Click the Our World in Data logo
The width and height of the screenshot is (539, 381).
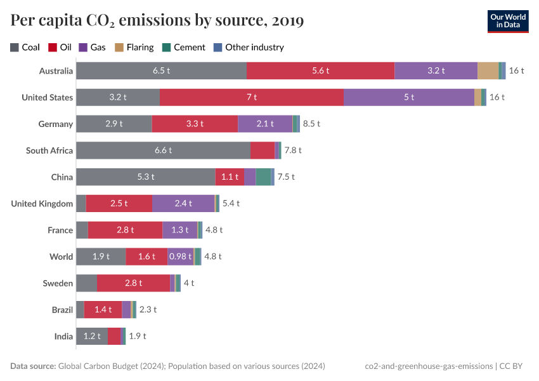(508, 20)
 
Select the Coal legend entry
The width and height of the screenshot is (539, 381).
(25, 47)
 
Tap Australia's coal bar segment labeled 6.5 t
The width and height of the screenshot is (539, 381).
(161, 70)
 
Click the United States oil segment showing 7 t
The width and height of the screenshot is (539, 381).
(252, 97)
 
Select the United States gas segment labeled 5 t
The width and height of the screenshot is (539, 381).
(408, 97)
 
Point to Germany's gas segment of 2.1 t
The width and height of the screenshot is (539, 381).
(265, 124)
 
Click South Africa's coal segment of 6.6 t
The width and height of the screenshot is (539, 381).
(163, 150)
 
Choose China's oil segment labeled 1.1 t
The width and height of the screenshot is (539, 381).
(230, 177)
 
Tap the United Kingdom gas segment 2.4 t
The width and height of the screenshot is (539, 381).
(183, 203)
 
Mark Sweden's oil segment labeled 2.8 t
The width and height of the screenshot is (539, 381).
(133, 283)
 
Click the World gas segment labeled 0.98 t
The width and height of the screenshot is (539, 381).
(180, 257)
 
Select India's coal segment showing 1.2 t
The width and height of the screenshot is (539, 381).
(92, 337)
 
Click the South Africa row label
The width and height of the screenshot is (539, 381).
(49, 150)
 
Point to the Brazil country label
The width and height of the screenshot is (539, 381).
(62, 310)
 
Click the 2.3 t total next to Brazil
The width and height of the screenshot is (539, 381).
(148, 310)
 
